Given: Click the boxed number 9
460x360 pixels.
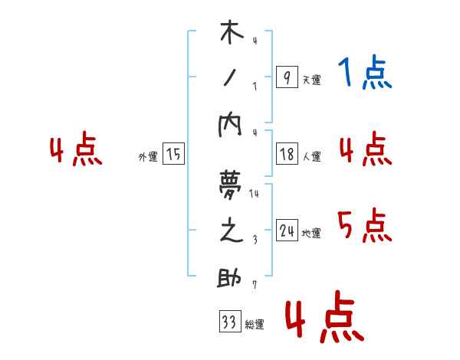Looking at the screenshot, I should click(286, 77).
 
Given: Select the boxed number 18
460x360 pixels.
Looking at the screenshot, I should click(287, 154).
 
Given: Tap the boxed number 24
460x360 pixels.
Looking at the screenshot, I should click(287, 231).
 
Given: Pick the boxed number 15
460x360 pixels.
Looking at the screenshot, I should click(173, 154).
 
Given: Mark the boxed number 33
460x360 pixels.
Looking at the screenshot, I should click(229, 322).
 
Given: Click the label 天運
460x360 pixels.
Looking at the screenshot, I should click(311, 80).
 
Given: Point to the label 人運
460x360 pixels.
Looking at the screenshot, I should click(311, 157).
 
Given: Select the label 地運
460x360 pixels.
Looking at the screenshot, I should click(311, 234).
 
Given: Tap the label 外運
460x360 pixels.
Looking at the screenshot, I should click(148, 156).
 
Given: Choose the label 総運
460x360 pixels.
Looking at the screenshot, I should click(255, 325).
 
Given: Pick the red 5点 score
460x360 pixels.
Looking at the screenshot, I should click(365, 227).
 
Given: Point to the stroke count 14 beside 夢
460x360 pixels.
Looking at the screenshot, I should click(254, 193).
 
